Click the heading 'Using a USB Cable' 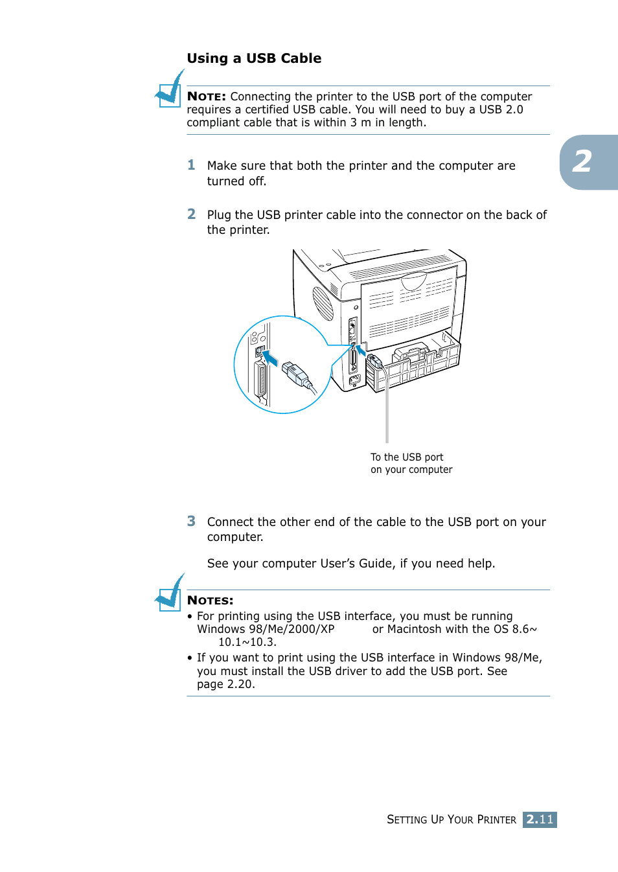(254, 58)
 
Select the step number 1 (191, 165)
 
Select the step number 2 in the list (191, 214)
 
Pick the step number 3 (191, 521)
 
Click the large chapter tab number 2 (582, 162)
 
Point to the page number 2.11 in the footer (540, 820)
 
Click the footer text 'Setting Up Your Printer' (452, 820)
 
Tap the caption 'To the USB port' (407, 457)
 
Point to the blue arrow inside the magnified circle (269, 358)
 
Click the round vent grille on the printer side (323, 303)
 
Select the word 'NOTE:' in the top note (206, 97)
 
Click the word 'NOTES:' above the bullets (210, 601)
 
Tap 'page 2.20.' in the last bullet (226, 684)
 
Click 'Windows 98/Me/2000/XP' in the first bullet (266, 629)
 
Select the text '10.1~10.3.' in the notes (247, 642)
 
